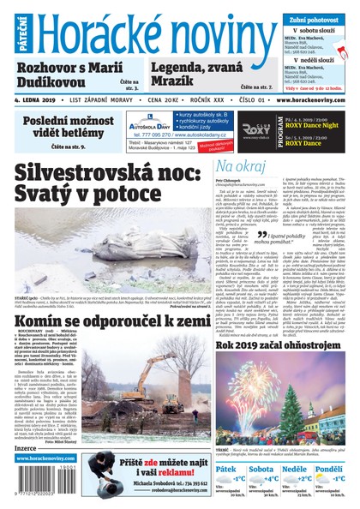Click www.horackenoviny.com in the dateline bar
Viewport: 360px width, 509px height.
click(312, 99)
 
